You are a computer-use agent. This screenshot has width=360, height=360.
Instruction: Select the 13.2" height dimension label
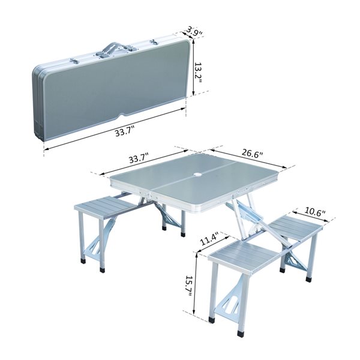click(x=205, y=71)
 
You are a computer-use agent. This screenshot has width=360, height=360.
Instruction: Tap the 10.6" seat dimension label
click(x=315, y=211)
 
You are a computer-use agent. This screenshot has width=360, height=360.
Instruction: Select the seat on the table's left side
click(x=104, y=206)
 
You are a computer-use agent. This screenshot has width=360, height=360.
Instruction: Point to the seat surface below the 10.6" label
click(x=295, y=227)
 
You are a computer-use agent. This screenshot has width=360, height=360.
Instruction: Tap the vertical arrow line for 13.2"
click(x=193, y=72)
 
